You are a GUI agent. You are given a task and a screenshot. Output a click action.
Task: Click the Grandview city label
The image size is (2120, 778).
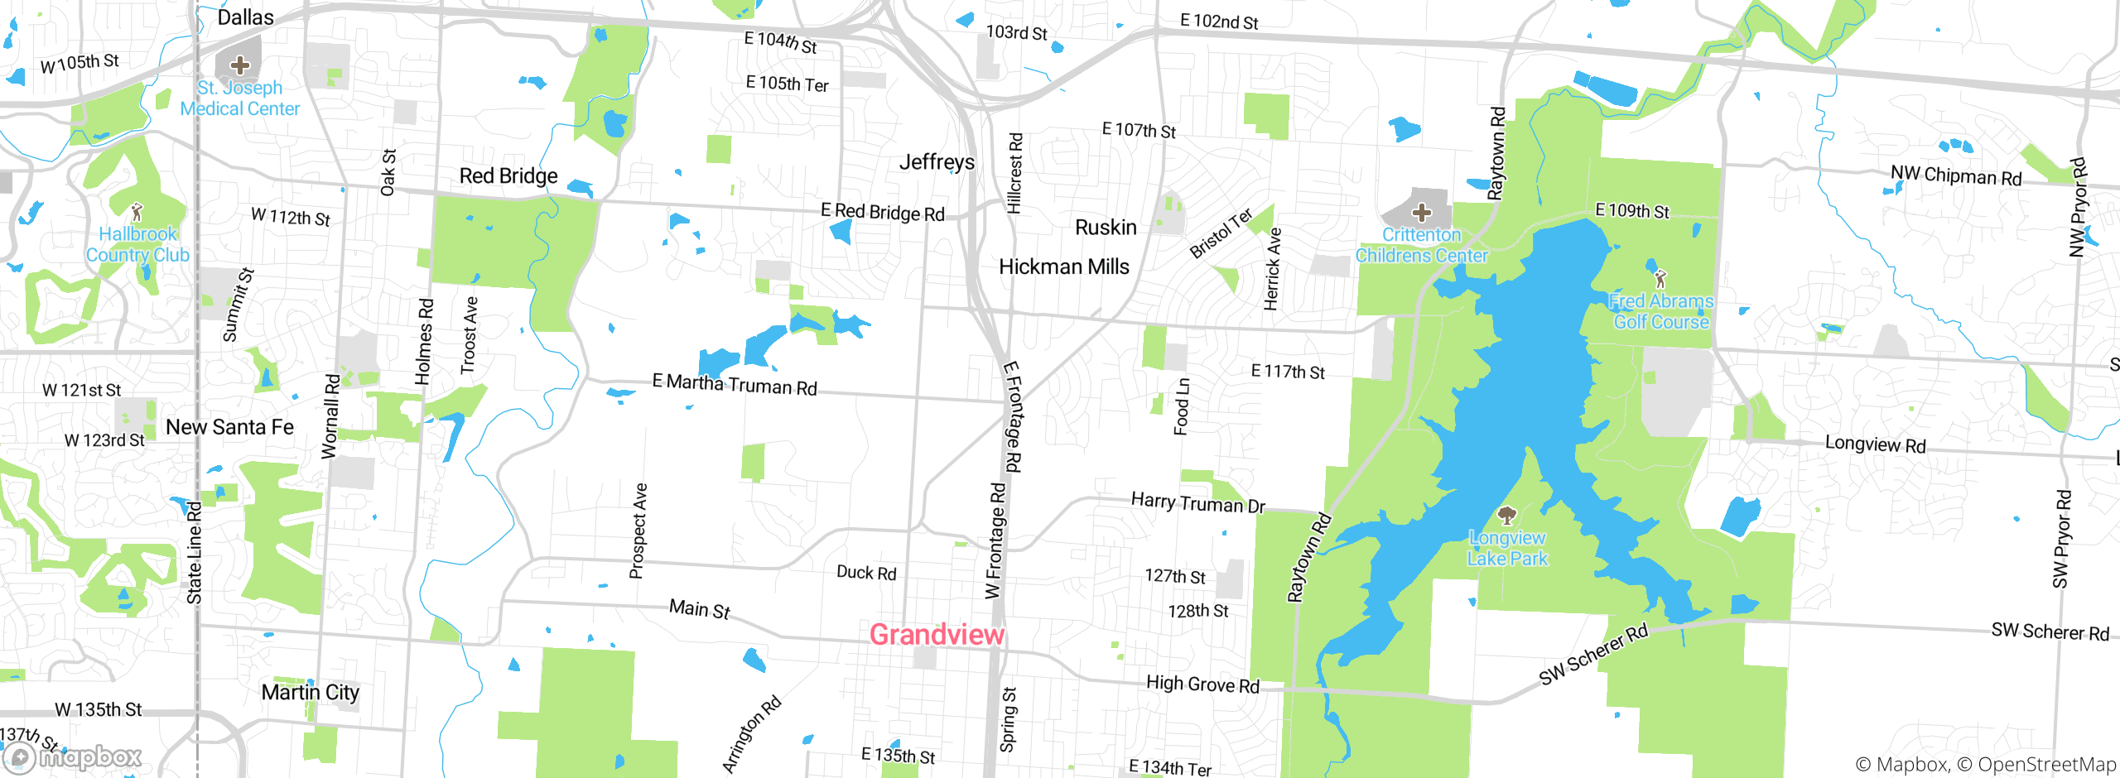937,635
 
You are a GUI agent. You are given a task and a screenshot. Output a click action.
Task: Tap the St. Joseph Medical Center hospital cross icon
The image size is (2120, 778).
240,65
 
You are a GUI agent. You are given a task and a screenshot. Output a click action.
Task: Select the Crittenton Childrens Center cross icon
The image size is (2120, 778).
1422,213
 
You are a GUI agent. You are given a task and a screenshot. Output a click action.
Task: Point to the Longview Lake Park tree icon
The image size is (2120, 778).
1507,516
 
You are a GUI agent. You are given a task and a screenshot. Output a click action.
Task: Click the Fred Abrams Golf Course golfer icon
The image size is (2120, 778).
1660,279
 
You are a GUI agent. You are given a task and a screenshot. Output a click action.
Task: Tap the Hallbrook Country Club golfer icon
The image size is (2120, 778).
137,213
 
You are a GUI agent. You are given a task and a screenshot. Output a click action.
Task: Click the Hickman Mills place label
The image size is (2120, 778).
1063,267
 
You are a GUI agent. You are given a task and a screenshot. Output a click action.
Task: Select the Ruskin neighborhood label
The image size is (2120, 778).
1106,227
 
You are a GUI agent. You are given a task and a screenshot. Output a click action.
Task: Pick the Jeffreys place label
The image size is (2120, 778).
937,161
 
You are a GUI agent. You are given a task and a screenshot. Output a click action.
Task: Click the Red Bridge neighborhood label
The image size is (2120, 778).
508,175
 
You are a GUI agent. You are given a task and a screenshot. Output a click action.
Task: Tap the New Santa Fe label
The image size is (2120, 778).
229,427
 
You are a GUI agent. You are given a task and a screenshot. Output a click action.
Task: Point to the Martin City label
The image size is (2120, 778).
310,692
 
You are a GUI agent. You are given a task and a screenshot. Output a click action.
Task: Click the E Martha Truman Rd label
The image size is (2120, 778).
735,385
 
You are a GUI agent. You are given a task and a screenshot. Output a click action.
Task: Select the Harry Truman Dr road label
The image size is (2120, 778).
1197,502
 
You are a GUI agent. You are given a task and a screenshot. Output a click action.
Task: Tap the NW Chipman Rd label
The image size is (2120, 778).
1955,175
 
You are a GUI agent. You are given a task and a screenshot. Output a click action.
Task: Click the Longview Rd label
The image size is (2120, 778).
1875,444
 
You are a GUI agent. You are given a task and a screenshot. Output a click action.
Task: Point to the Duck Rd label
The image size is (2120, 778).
866,573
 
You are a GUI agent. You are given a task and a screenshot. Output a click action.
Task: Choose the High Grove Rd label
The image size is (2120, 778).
1202,684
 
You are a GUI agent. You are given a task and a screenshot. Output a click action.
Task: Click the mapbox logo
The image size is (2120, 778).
73,756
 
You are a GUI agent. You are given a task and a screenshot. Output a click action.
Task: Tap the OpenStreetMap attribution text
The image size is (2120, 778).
2046,765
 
